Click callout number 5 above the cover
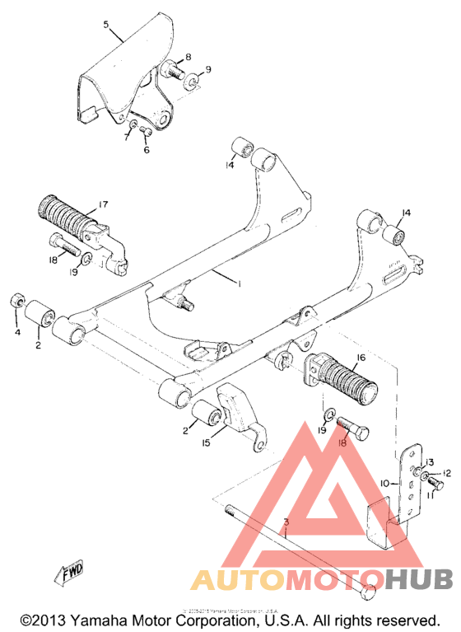[x=106, y=26]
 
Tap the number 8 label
[x=188, y=57]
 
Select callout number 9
[x=207, y=69]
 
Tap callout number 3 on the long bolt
[x=286, y=523]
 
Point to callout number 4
[x=16, y=332]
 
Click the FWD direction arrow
[x=70, y=572]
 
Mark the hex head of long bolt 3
[x=369, y=591]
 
